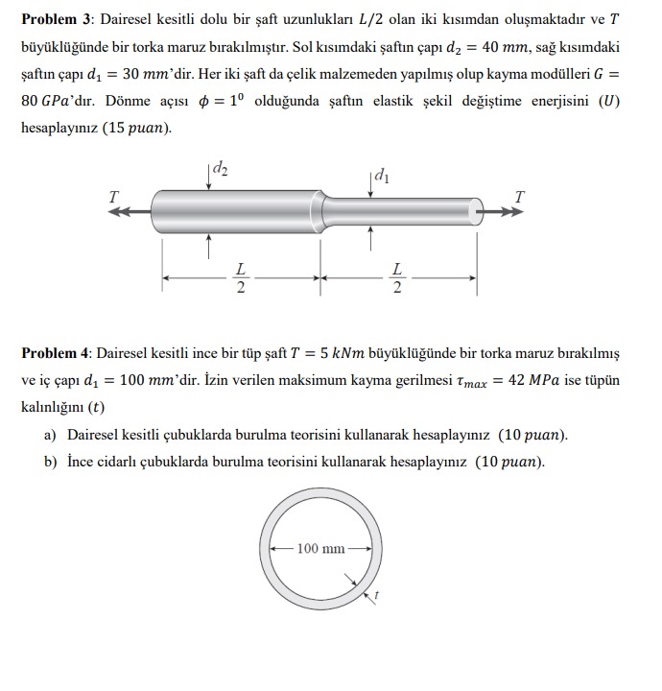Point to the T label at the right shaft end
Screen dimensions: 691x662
click(x=519, y=196)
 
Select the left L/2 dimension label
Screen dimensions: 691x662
click(x=240, y=278)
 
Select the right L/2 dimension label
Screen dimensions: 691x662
click(x=397, y=278)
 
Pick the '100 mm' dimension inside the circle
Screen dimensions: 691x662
click(x=320, y=549)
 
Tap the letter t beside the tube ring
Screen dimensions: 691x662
click(x=376, y=596)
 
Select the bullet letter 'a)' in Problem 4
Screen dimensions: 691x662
click(x=51, y=435)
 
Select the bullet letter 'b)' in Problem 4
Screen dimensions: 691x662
click(x=51, y=462)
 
